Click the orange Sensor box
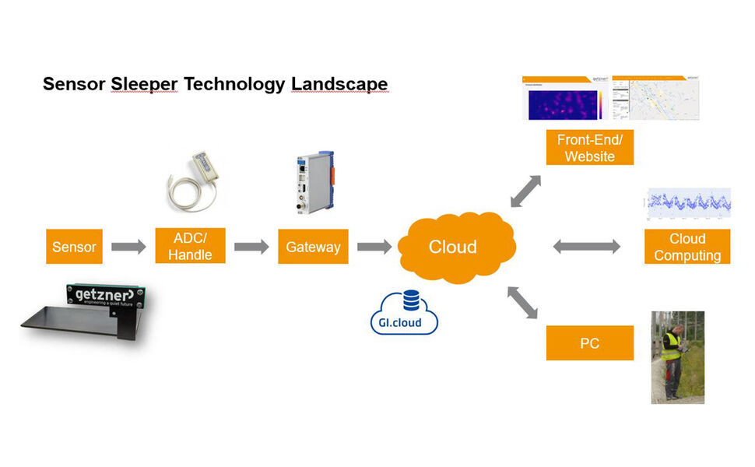coord(75,247)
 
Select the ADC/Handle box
coord(190,246)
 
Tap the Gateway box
coord(313,247)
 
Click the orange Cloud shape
coord(453,247)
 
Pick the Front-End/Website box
coord(590,148)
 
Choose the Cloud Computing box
coord(687,247)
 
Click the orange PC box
coord(590,342)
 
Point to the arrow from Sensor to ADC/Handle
coord(128,247)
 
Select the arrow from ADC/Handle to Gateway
coord(251,247)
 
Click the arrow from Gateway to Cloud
coord(374,247)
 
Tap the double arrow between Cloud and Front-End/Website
coord(527,191)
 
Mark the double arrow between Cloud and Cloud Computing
coord(586,247)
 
